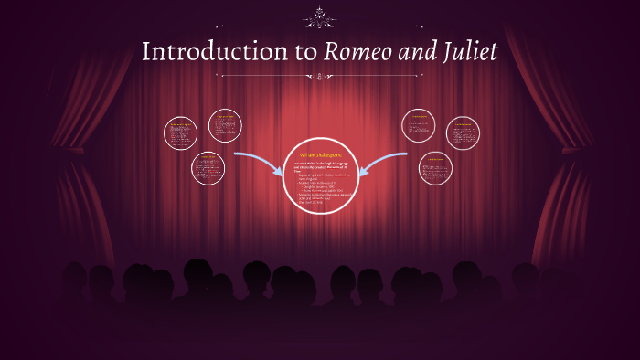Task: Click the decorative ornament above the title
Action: [x=320, y=16]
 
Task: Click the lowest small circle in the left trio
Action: [x=208, y=169]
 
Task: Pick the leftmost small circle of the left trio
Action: [x=180, y=133]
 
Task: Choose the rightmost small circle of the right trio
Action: [x=463, y=133]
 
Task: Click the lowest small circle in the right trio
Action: [x=435, y=169]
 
